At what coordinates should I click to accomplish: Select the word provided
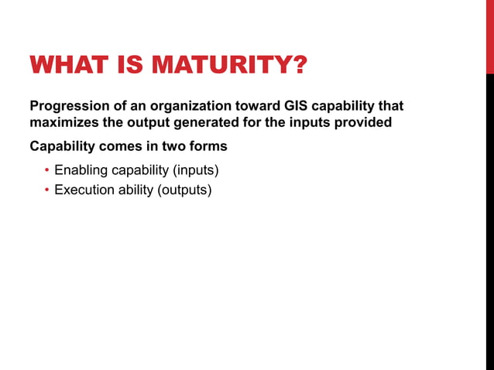[x=362, y=122]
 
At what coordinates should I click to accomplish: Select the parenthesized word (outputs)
[x=184, y=190]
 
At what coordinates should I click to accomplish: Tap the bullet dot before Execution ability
[x=47, y=190]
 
